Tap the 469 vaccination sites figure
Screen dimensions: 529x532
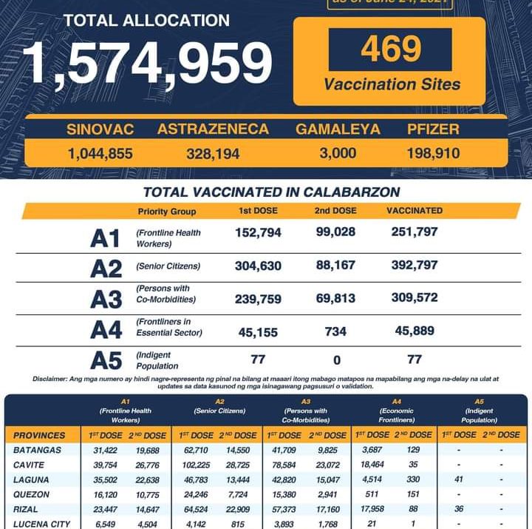(x=391, y=50)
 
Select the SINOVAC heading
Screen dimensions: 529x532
(x=100, y=129)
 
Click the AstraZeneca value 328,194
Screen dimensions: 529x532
(x=213, y=154)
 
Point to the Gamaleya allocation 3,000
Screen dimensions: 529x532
(x=337, y=153)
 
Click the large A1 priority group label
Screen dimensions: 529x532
(x=105, y=239)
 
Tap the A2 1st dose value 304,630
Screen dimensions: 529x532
(x=259, y=265)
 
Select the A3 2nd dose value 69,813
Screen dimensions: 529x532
(x=335, y=297)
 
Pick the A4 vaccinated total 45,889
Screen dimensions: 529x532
(x=415, y=331)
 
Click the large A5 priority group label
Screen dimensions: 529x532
(x=105, y=360)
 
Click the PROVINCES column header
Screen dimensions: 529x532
(x=40, y=435)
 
